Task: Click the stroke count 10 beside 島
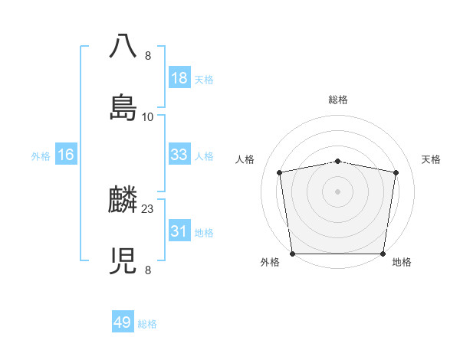tap(148, 117)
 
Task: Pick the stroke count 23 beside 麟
tap(148, 209)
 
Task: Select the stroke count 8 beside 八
tap(148, 56)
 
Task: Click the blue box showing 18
tap(179, 78)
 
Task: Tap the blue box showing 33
tap(179, 155)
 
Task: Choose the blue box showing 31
tap(179, 231)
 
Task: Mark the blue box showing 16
tap(66, 155)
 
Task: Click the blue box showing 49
tap(123, 322)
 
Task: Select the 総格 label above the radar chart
tap(338, 100)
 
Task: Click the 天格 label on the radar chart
tap(432, 159)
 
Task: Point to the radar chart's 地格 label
tap(402, 263)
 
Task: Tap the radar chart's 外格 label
tap(270, 263)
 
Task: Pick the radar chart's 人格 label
tap(245, 159)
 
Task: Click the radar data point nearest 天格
tap(396, 172)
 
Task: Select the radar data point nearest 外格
tap(292, 254)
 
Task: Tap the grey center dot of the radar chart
tap(338, 191)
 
